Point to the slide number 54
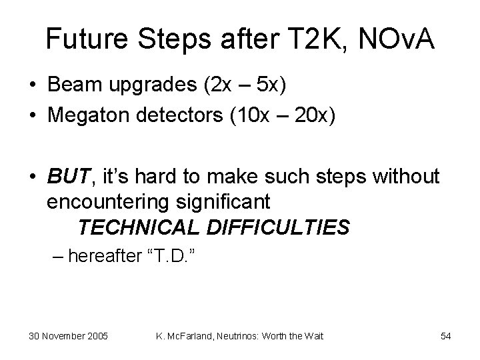click(446, 336)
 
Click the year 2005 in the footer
click(97, 336)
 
